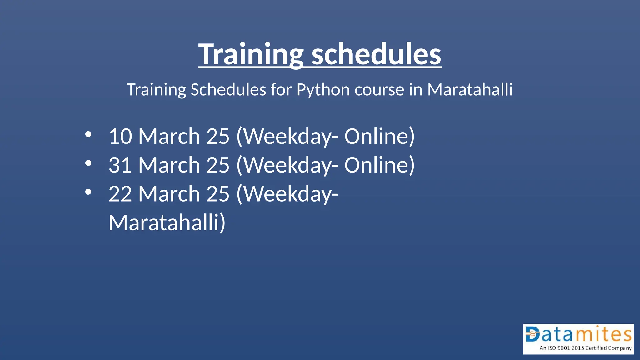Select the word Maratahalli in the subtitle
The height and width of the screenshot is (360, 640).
pos(470,90)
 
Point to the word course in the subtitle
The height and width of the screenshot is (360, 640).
pos(379,90)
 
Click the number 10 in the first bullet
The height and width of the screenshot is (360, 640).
pos(120,137)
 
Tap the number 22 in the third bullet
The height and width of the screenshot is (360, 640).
pos(120,194)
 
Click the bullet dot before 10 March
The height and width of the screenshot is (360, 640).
pos(88,134)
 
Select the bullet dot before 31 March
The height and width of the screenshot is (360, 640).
pos(88,163)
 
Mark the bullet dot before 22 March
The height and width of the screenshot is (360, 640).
pos(88,192)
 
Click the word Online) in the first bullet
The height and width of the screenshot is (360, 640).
pos(379,137)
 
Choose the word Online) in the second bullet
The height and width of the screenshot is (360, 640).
pos(379,165)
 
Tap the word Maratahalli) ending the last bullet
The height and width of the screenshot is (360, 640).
pos(167,223)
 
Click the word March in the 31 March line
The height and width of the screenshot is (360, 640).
pos(169,165)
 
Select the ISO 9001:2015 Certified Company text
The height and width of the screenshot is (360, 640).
pos(585,348)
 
